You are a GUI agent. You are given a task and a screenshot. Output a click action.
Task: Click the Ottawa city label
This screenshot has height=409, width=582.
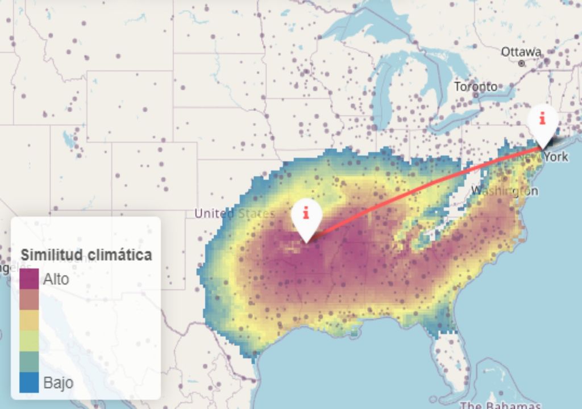coord(521,52)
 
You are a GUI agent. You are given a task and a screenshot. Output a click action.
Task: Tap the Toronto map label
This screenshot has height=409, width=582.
coord(475,87)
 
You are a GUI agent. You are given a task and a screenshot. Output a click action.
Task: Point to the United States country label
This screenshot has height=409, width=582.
coord(234,214)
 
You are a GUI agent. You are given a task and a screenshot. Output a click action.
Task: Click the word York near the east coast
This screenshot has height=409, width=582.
coord(555,156)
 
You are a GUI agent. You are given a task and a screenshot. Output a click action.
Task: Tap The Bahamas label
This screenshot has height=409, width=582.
coord(500,405)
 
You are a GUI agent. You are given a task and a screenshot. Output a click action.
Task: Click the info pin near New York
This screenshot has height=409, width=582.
coord(542,122)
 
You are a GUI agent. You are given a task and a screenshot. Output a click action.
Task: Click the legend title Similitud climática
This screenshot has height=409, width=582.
coord(86,254)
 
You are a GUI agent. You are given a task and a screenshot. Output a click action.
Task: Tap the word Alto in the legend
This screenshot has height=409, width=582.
coord(56,279)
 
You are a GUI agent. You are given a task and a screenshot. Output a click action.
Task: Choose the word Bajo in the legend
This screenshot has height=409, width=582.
coord(58,382)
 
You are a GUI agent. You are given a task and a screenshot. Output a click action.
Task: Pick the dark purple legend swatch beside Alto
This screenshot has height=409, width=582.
coord(29,279)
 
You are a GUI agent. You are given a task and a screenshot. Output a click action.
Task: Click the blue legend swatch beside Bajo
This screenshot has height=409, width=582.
coord(29,382)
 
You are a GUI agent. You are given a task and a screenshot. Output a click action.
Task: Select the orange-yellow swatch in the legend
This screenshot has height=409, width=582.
coord(29,320)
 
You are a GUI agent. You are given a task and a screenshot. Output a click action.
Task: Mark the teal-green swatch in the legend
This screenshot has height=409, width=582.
coord(29,361)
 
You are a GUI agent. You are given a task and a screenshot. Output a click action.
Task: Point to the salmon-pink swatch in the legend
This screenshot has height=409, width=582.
coord(29,299)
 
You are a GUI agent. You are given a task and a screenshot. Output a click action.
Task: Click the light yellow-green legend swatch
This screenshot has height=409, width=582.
coord(29,341)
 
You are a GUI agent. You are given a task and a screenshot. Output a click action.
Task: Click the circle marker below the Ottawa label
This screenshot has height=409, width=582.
coord(521,64)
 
